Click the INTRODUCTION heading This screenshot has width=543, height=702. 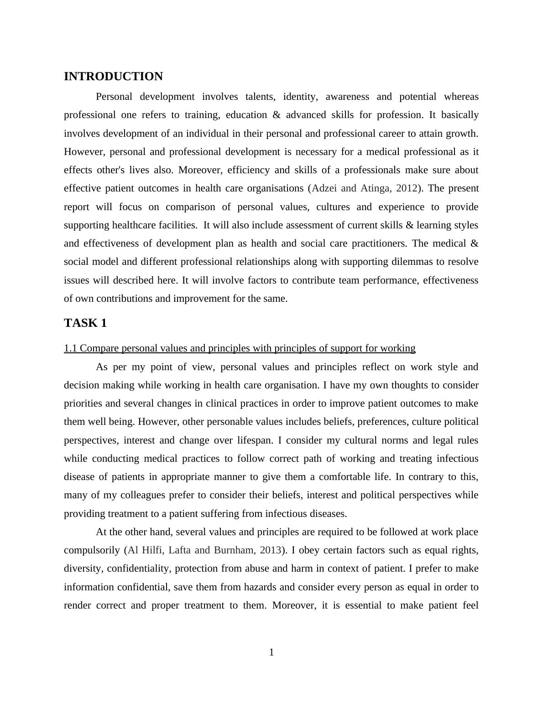[113, 77]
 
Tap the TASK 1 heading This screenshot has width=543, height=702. [85, 323]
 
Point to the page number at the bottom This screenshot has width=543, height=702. [271, 653]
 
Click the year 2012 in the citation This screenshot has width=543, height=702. [407, 188]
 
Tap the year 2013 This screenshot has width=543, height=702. [271, 550]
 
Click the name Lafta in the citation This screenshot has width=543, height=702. [180, 550]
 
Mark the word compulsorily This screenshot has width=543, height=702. [92, 550]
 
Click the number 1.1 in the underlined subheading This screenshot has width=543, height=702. [71, 348]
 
